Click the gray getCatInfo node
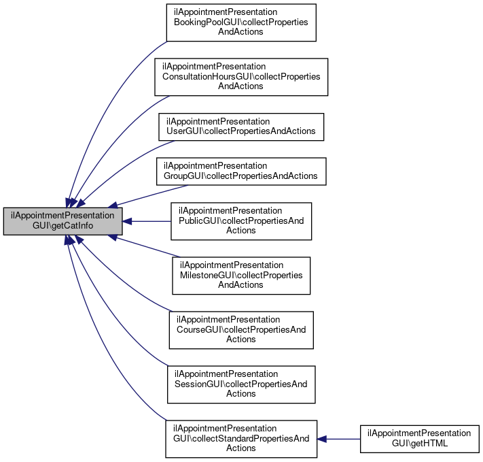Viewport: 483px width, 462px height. (63, 221)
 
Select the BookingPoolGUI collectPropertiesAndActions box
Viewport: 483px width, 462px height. (241, 22)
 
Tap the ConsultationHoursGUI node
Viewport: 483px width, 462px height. (241, 77)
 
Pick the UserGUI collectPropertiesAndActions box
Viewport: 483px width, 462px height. (241, 127)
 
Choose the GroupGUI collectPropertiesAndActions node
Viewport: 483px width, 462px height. (241, 171)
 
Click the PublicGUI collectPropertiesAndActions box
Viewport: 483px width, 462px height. (241, 221)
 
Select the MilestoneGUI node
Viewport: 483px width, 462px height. (241, 276)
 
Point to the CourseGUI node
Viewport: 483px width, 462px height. (241, 330)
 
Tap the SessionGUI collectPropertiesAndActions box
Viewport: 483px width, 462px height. (241, 384)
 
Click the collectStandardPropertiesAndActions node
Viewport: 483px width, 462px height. (241, 439)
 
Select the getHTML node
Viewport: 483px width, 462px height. (420, 439)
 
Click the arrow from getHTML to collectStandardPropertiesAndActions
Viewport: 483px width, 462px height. (338, 439)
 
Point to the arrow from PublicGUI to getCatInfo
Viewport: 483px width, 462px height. (147, 221)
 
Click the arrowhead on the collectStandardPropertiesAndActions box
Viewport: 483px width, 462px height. (321, 439)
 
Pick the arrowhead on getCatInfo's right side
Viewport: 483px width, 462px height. (127, 221)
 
